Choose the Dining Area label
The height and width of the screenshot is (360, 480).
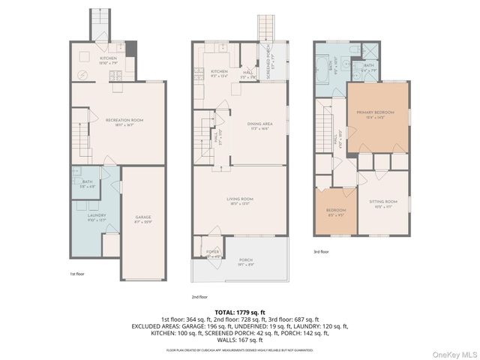[259, 126]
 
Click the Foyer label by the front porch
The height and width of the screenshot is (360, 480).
[214, 253]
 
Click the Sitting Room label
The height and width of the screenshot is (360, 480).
[383, 204]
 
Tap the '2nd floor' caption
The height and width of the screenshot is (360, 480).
[199, 297]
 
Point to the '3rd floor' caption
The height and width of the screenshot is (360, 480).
[322, 252]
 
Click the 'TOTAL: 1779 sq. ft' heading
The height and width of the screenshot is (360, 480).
[240, 312]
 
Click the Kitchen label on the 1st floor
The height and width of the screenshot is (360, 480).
[109, 59]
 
